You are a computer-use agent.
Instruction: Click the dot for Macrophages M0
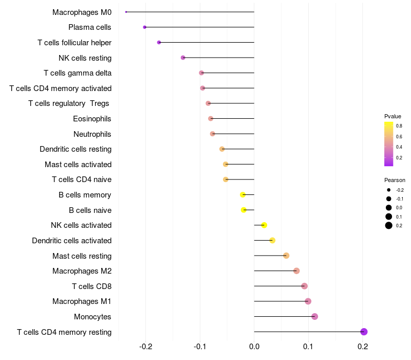point(126,12)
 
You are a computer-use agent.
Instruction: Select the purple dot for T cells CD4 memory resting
point(364,332)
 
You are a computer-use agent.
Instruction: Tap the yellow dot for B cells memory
point(243,195)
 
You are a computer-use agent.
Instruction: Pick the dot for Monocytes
point(314,316)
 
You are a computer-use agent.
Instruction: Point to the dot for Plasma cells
point(144,27)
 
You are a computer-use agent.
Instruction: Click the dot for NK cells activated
point(264,225)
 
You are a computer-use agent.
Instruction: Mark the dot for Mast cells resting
point(286,256)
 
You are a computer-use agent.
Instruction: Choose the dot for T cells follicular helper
point(159,42)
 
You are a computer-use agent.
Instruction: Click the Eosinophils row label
point(92,119)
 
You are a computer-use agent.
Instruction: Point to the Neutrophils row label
point(92,134)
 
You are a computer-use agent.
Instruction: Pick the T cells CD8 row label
point(92,286)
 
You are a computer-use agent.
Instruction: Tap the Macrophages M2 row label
point(82,271)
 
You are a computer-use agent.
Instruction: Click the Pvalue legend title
point(393,116)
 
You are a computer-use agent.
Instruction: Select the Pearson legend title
point(395,181)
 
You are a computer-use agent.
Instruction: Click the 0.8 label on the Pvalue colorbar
point(399,125)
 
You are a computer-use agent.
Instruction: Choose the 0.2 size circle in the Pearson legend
point(389,225)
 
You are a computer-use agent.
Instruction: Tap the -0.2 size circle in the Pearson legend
point(389,190)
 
